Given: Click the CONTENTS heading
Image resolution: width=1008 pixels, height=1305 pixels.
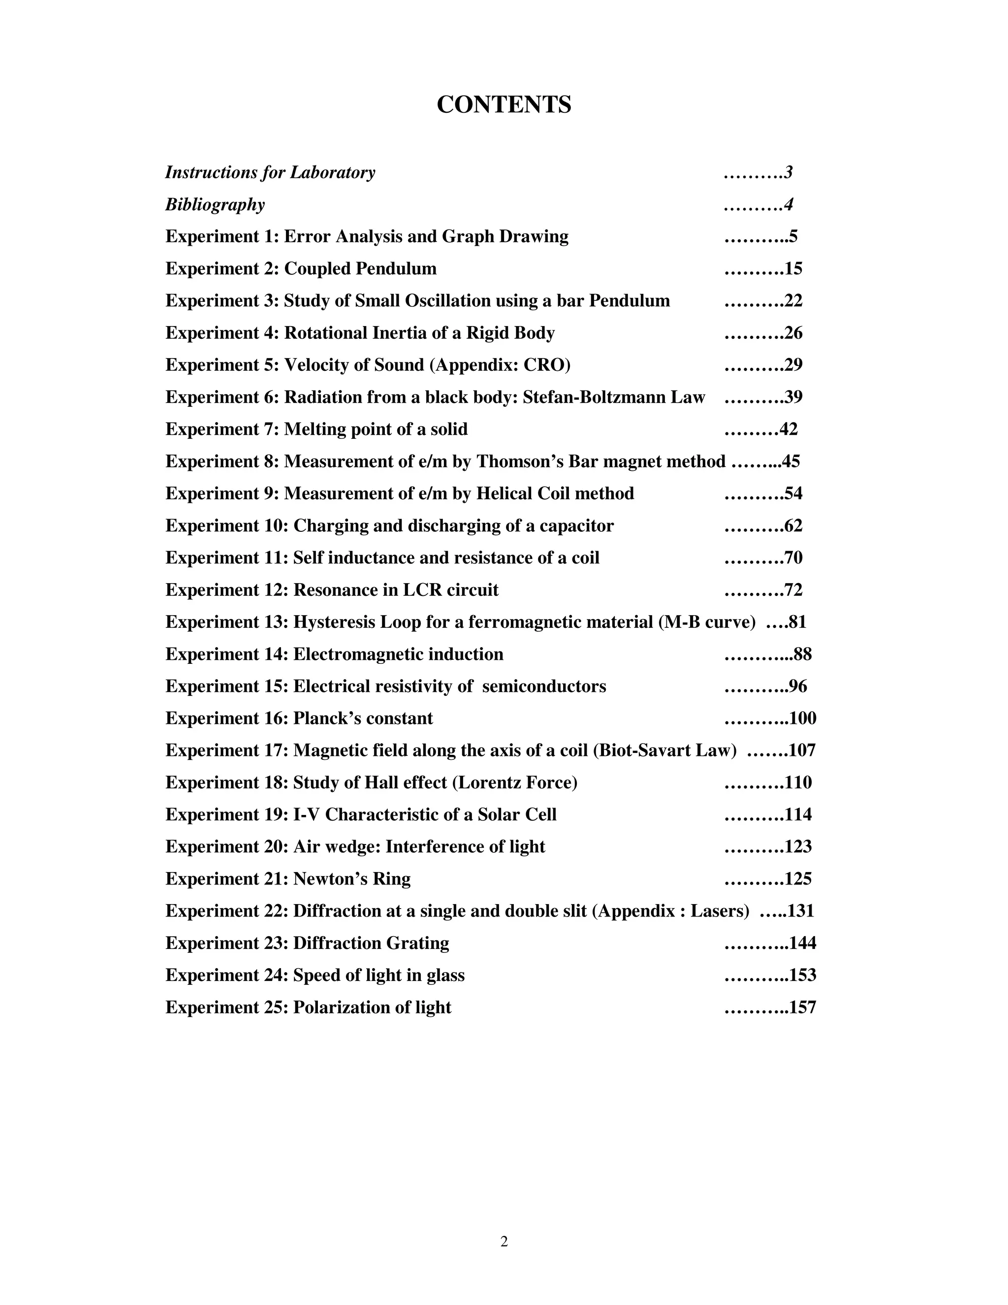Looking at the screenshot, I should pos(504,104).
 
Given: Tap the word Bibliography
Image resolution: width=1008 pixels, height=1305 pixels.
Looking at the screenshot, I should pos(215,204).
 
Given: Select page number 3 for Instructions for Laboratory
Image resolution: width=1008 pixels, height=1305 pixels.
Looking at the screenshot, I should pos(788,173).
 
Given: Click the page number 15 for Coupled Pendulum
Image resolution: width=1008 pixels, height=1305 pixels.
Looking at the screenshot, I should pos(793,269).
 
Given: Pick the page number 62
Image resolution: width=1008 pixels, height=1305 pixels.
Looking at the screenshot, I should pos(793,526).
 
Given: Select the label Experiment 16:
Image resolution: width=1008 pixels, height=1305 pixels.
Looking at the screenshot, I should pos(227,718).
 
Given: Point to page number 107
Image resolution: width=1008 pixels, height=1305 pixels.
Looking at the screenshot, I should pos(802,750).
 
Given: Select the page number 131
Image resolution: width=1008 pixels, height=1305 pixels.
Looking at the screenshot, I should pos(801,911).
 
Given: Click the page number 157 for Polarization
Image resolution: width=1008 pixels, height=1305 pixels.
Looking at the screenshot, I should pos(803,1008).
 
